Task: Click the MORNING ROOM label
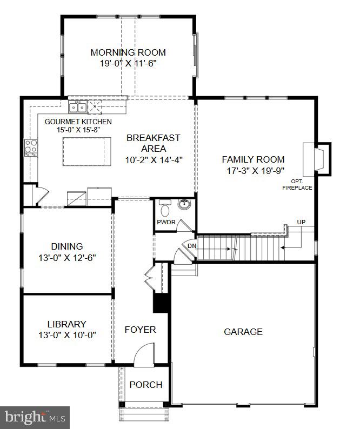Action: tap(128, 52)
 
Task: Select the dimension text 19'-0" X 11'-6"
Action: tap(128, 63)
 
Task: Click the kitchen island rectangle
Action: tap(87, 152)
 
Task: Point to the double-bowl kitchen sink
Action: tap(77, 105)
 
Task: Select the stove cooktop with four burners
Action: tap(31, 146)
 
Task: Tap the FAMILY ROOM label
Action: tap(253, 159)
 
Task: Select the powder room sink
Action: tap(185, 205)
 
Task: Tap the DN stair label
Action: tap(191, 246)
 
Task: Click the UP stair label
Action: tap(301, 222)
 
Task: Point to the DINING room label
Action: tap(68, 246)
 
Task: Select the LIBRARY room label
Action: tap(67, 324)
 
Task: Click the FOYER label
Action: tap(140, 330)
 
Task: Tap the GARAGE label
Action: tap(243, 332)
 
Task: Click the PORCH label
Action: tap(146, 385)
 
